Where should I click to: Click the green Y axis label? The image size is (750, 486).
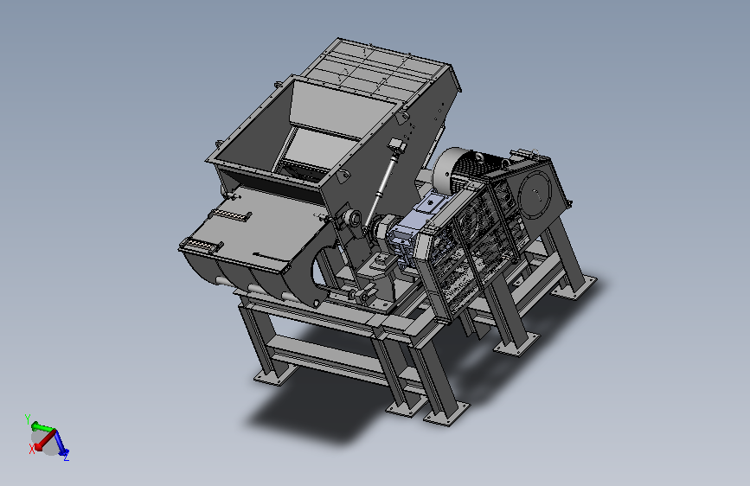click(x=28, y=419)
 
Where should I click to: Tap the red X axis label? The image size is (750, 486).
click(x=31, y=449)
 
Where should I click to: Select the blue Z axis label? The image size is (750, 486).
click(x=66, y=457)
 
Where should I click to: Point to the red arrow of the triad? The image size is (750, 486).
click(x=45, y=440)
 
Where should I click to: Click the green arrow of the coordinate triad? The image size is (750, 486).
click(x=42, y=426)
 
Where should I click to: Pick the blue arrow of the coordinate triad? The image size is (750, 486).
click(x=61, y=442)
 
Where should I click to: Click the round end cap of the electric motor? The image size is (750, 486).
click(x=446, y=169)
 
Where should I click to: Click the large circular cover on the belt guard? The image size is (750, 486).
click(x=535, y=193)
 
